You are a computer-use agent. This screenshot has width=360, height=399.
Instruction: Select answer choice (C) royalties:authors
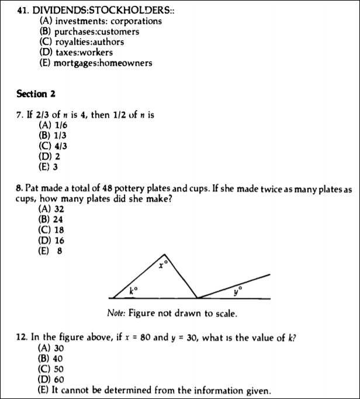pos(81,42)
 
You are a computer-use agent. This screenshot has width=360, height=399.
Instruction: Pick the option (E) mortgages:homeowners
pos(95,63)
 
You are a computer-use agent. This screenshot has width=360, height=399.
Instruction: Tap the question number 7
pos(19,115)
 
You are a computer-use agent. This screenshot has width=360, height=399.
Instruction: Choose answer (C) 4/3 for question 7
pos(51,146)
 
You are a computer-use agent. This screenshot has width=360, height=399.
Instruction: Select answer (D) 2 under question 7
pos(49,157)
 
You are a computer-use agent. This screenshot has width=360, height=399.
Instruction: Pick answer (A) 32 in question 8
pos(51,209)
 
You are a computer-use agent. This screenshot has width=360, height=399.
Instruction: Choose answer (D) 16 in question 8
pos(51,240)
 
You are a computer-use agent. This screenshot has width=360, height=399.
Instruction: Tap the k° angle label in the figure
pos(134,290)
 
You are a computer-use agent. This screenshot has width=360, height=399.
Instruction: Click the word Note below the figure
pos(116,313)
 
